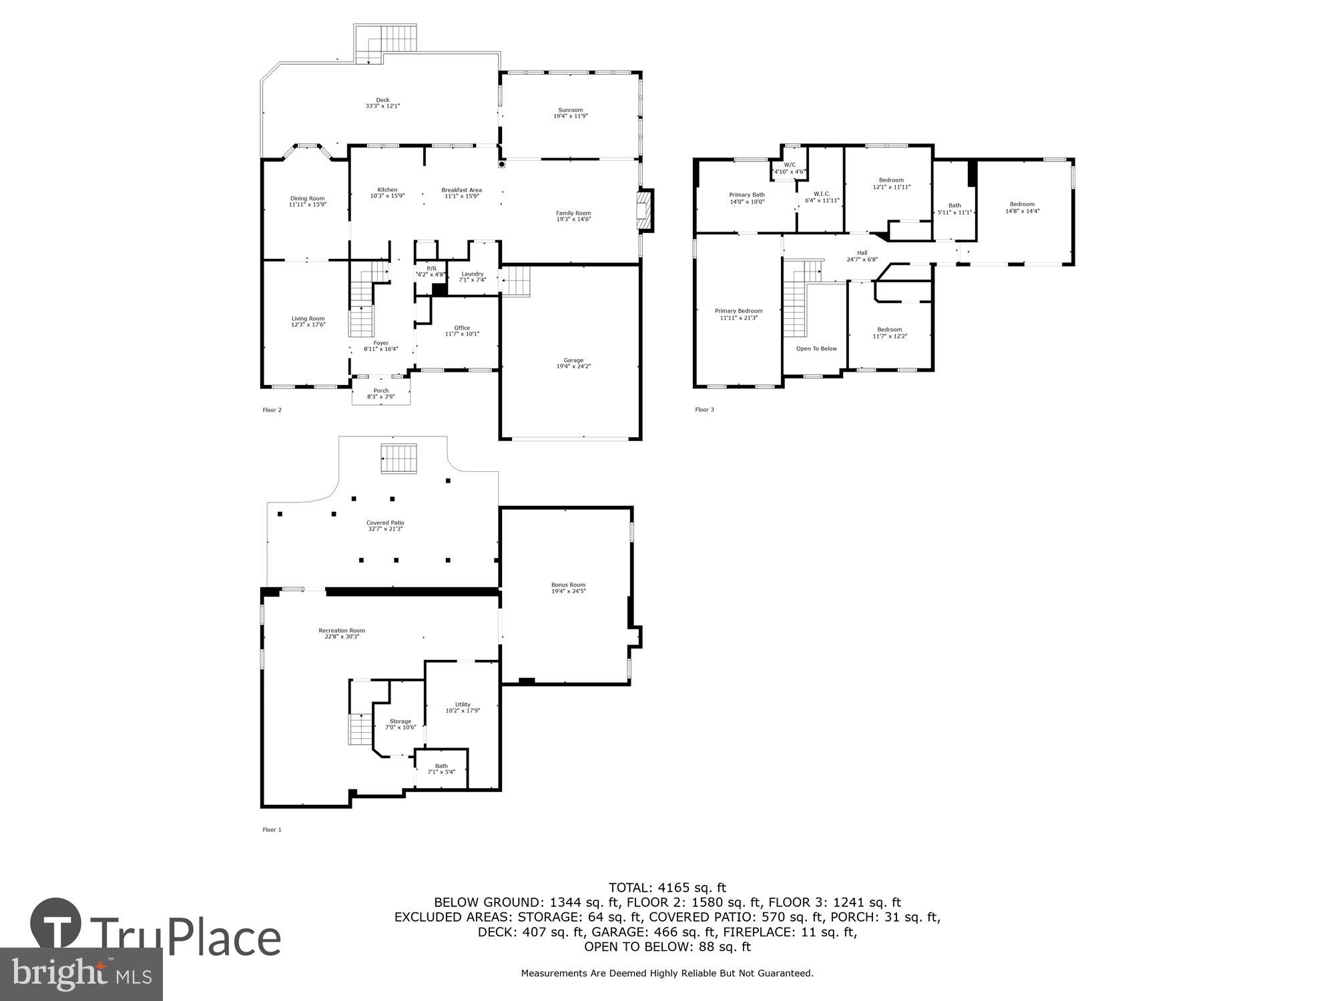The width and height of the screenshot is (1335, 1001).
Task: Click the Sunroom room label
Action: (x=570, y=111)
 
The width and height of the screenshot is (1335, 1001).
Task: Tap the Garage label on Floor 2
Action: (x=573, y=361)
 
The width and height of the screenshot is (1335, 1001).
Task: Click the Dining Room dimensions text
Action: (x=307, y=205)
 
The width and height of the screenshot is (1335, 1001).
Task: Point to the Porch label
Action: (x=380, y=391)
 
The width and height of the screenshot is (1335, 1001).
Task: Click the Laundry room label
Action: (x=472, y=274)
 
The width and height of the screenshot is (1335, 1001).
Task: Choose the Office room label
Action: (x=462, y=328)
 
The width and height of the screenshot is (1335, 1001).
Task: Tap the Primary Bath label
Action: (x=746, y=195)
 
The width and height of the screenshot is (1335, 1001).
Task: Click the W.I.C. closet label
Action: (x=822, y=194)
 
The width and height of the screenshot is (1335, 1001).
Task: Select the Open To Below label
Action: (x=816, y=349)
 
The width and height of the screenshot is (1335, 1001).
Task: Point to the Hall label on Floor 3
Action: (x=862, y=253)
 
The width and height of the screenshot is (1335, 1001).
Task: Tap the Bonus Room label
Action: (x=568, y=585)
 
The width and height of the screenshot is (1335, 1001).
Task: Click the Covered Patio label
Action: (x=385, y=523)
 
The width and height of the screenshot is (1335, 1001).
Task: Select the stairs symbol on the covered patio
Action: (x=399, y=459)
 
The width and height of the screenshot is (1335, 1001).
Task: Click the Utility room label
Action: (x=463, y=705)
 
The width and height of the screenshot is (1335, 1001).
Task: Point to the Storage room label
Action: (x=400, y=721)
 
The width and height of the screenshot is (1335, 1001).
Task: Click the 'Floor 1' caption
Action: (x=272, y=830)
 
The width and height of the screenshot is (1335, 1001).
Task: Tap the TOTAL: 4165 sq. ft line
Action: (x=667, y=888)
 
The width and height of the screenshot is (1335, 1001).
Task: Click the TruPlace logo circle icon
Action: (x=56, y=924)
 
